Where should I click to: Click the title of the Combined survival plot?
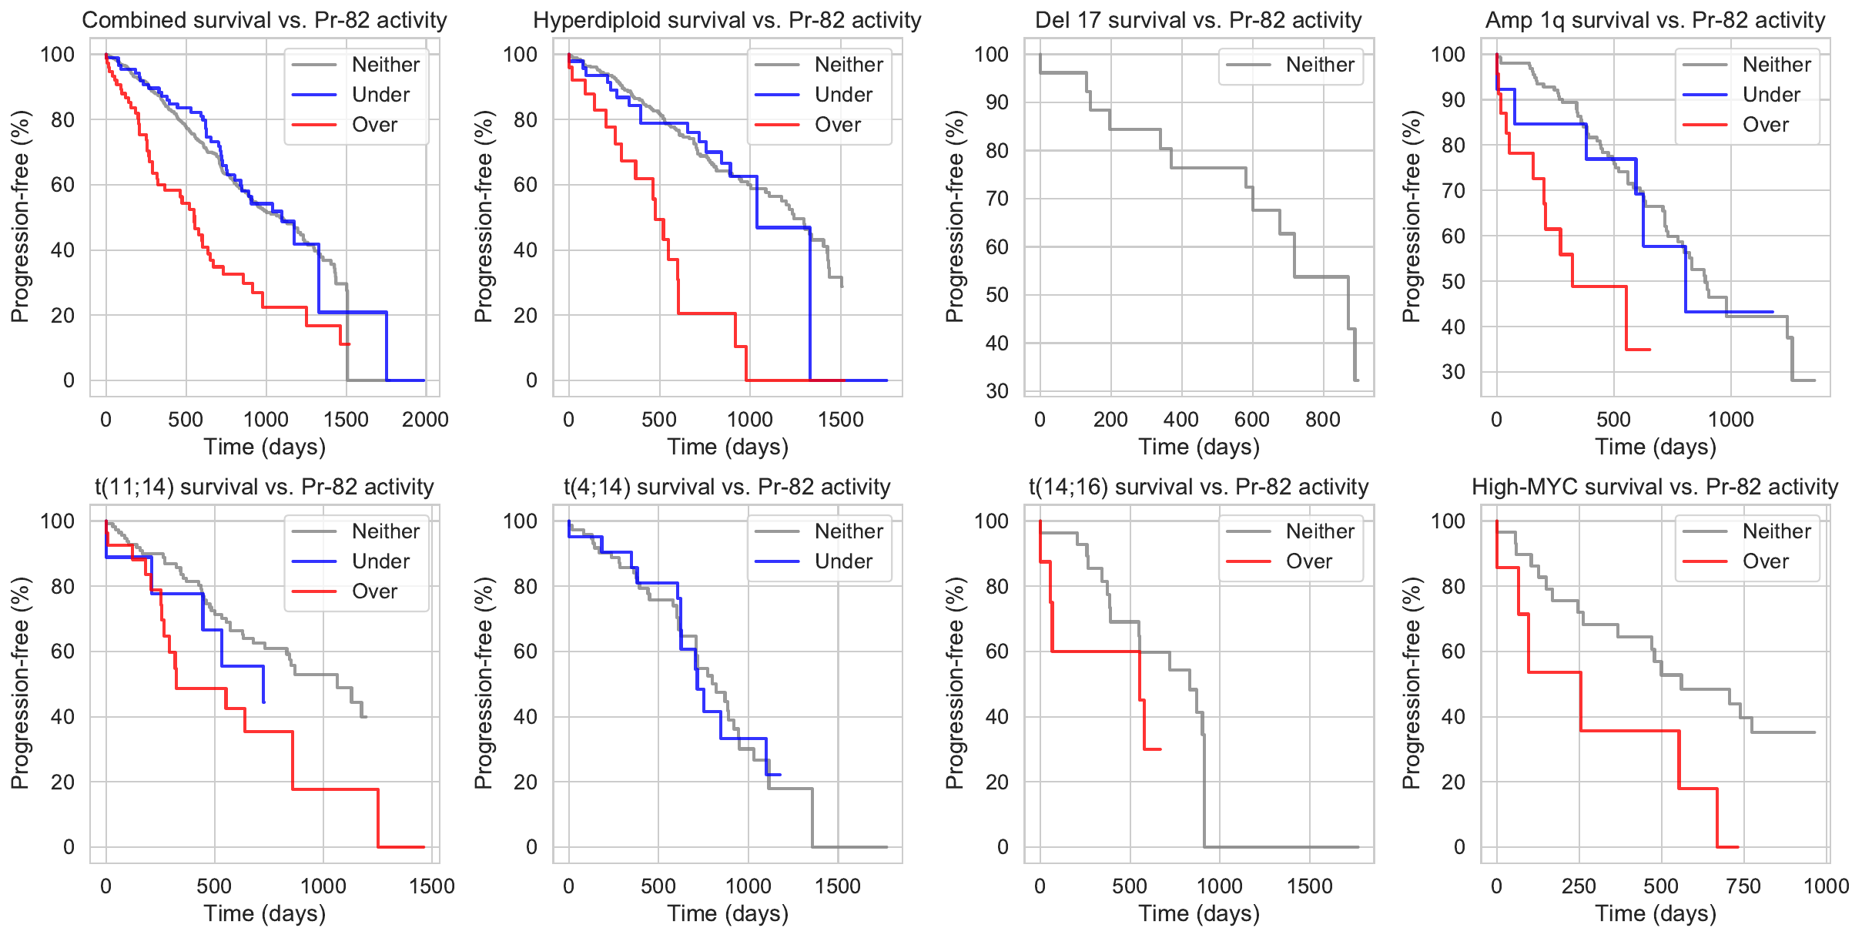click(x=264, y=20)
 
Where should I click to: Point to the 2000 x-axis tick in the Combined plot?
click(x=425, y=420)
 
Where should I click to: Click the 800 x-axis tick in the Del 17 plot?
click(x=1322, y=420)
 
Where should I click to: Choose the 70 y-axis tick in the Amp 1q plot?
click(x=1452, y=190)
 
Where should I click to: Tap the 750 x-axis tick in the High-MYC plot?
click(x=1743, y=886)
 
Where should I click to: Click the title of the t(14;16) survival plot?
click(x=1198, y=487)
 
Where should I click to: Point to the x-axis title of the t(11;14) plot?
click(x=264, y=913)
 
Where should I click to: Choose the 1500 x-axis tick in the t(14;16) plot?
click(x=1310, y=886)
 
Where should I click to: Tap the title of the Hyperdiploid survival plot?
click(x=727, y=20)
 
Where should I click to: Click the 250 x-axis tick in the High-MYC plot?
click(x=1579, y=886)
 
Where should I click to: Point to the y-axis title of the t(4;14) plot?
click(x=483, y=683)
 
